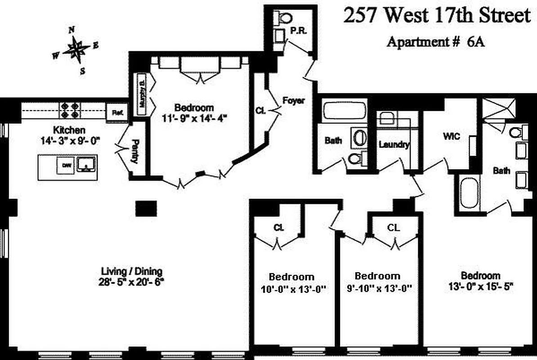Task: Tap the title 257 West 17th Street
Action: (437, 17)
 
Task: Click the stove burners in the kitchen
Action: (70, 110)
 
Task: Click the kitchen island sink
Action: (86, 165)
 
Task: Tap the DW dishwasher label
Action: (67, 166)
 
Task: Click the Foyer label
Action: (293, 100)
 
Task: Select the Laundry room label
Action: (394, 145)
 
